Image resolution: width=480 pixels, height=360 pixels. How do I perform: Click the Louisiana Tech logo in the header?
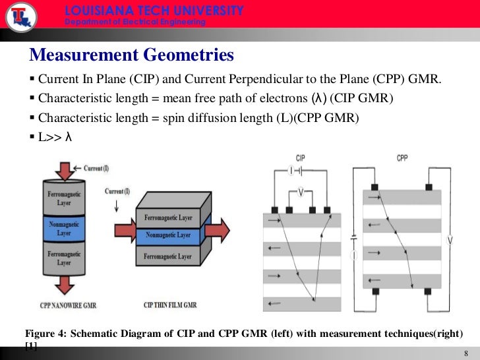click(20, 16)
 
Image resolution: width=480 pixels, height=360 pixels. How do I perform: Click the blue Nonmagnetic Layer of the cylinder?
click(64, 229)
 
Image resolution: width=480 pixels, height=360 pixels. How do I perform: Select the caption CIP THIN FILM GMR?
click(169, 305)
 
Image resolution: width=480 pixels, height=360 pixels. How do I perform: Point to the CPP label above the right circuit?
click(402, 159)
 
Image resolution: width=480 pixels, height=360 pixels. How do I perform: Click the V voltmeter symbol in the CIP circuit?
click(301, 193)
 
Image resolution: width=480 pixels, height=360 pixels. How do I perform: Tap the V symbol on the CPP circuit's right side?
click(450, 241)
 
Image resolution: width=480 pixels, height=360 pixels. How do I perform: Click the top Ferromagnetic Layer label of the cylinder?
click(64, 199)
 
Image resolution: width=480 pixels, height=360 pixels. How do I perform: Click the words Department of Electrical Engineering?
click(135, 22)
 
